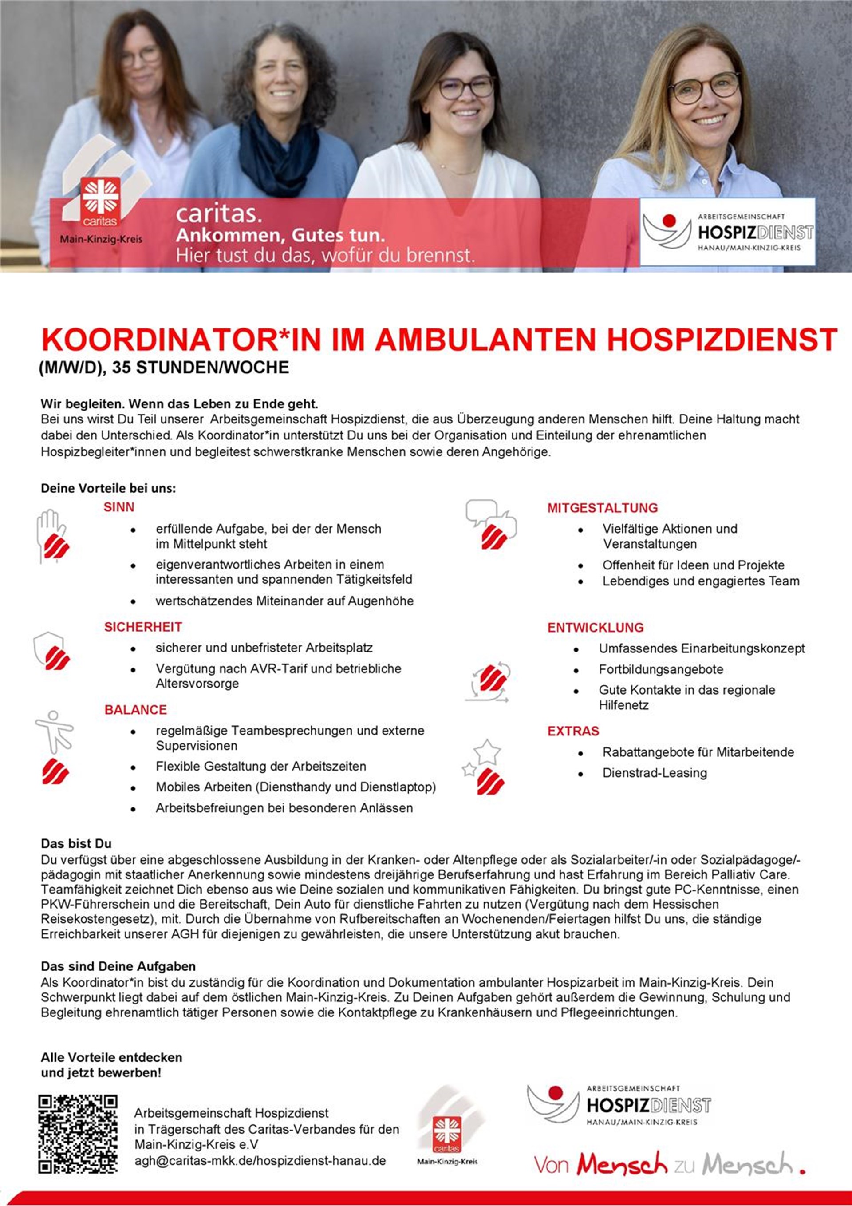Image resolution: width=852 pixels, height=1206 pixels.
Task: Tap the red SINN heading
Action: pos(119,507)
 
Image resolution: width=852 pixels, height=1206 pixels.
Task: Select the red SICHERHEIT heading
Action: pos(143,627)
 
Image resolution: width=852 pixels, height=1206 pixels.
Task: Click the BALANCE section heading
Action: pos(135,710)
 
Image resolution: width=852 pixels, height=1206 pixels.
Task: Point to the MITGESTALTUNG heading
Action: pos(603,508)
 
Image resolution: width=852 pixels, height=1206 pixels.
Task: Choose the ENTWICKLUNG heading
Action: pos(595,627)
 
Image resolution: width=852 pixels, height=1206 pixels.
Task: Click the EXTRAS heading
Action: pos(573,731)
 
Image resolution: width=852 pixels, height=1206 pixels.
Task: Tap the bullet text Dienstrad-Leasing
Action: pos(655,773)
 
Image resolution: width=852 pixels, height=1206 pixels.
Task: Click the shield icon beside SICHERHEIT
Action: pos(51,651)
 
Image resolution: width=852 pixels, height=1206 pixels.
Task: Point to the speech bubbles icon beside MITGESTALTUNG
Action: pos(490,522)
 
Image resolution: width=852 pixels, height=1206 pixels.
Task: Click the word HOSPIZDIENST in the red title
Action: pos(722,339)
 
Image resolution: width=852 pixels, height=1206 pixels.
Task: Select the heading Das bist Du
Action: pos(76,843)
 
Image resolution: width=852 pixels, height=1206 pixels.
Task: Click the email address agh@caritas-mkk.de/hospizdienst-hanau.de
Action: pos(260,1161)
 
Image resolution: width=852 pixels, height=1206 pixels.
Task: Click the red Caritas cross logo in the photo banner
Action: pos(100,201)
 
